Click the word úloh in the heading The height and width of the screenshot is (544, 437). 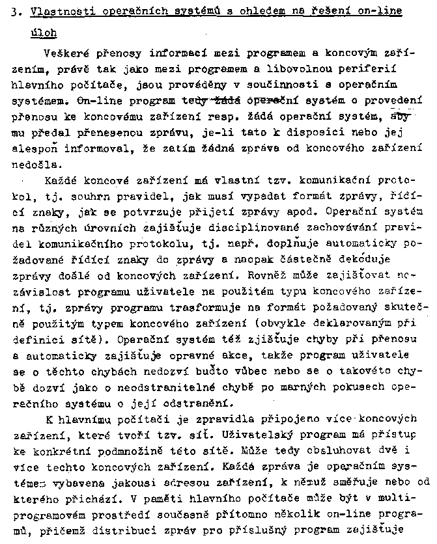(43, 31)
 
